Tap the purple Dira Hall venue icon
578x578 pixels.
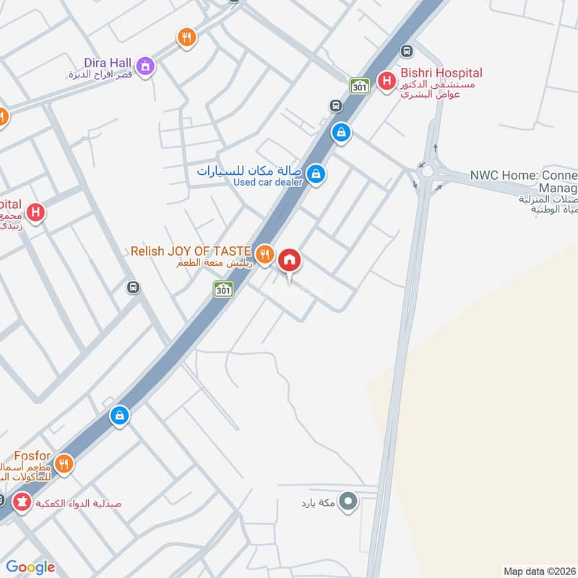[x=147, y=66]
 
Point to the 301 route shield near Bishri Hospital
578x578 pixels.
[x=359, y=86]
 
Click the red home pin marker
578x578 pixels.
[x=290, y=260]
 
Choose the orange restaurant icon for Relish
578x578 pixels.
[x=264, y=254]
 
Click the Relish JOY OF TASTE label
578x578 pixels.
[x=190, y=251]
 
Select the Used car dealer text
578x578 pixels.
[x=268, y=182]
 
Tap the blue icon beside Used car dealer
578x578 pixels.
[x=314, y=173]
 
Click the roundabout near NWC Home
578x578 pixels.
[x=427, y=172]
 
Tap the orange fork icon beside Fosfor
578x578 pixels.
[x=65, y=463]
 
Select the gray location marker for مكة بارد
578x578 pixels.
[x=349, y=501]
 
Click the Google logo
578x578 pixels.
[x=30, y=567]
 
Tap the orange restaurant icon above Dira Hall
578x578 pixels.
[x=186, y=38]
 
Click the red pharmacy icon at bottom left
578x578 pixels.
[x=22, y=501]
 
